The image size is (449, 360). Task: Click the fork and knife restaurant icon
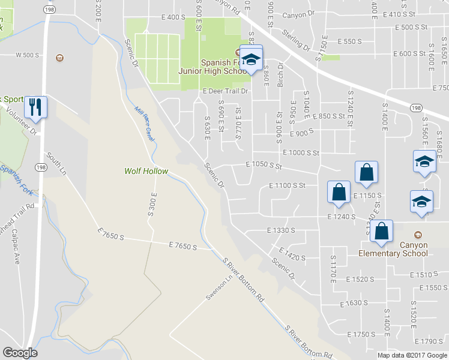coord(35,107)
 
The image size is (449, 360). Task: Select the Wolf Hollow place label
coord(146,171)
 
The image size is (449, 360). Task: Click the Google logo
coord(20,353)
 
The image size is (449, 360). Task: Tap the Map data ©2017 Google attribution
coord(411,355)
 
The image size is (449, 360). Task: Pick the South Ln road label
coord(56,163)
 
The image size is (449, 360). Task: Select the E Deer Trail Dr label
coord(225,91)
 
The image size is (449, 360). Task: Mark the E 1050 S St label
coord(264,164)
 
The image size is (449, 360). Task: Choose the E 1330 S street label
coord(282,230)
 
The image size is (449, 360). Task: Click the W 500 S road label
coord(27,55)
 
